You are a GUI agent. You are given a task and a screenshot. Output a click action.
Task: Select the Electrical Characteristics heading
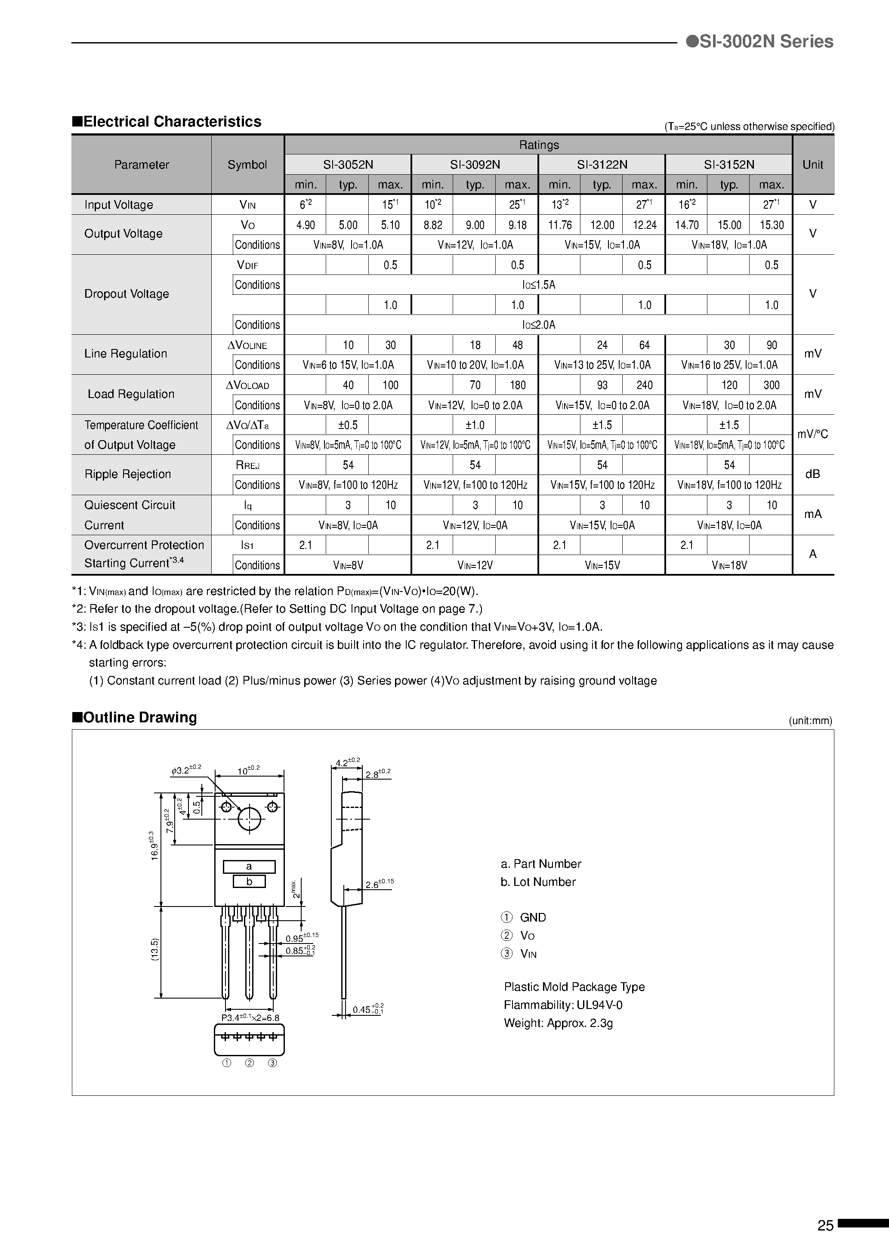[167, 122]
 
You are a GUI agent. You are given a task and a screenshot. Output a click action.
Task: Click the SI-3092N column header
[475, 164]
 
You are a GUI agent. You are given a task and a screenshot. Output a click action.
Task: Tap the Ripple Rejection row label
[128, 474]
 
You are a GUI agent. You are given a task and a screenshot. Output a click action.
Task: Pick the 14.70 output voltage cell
[686, 225]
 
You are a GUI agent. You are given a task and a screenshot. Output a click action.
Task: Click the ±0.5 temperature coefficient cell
[348, 425]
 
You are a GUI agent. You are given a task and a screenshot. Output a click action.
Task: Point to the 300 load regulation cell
[771, 385]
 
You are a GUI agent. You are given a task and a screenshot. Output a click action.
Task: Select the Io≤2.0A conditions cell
[538, 324]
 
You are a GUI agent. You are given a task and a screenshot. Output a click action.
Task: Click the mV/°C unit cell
[812, 434]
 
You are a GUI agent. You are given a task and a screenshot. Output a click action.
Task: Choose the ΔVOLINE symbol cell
[247, 345]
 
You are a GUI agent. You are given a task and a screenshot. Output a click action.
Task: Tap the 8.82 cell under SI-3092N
[432, 225]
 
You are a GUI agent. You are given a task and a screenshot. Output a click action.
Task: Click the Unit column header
[812, 164]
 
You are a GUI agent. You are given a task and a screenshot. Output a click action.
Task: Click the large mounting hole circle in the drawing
[250, 819]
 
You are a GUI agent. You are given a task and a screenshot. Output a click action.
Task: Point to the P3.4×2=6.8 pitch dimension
[250, 1017]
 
